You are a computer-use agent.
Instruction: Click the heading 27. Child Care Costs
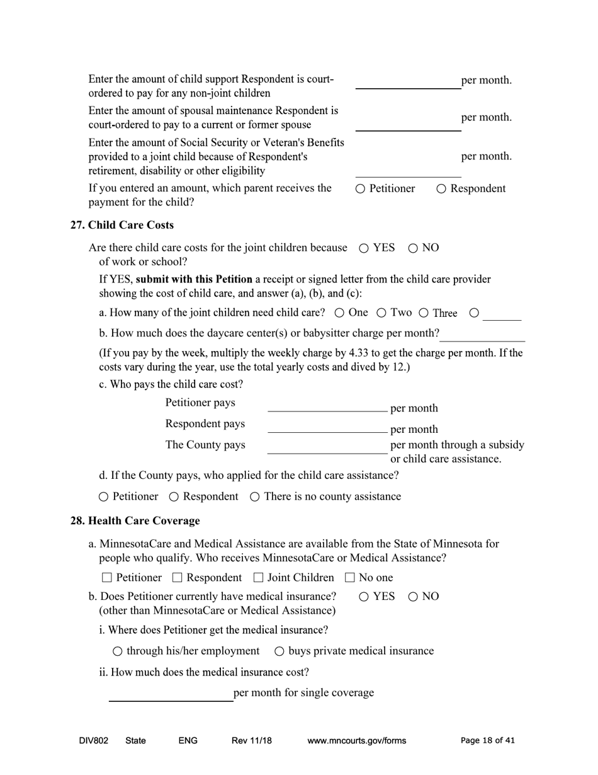pyautogui.click(x=122, y=225)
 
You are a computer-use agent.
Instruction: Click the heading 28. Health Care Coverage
pyautogui.click(x=135, y=520)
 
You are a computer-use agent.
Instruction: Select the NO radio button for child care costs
pyautogui.click(x=413, y=248)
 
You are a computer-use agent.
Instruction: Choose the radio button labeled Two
pyautogui.click(x=381, y=313)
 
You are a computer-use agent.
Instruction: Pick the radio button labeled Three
pyautogui.click(x=424, y=313)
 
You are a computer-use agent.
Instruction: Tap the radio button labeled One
pyautogui.click(x=339, y=313)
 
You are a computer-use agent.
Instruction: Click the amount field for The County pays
pyautogui.click(x=327, y=447)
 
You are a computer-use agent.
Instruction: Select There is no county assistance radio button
pyautogui.click(x=255, y=497)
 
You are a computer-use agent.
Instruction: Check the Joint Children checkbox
pyautogui.click(x=258, y=578)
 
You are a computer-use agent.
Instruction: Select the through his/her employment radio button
pyautogui.click(x=117, y=651)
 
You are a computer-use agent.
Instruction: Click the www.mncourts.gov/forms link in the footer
pyautogui.click(x=356, y=741)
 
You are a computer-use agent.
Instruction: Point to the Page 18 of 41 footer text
pyautogui.click(x=487, y=741)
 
